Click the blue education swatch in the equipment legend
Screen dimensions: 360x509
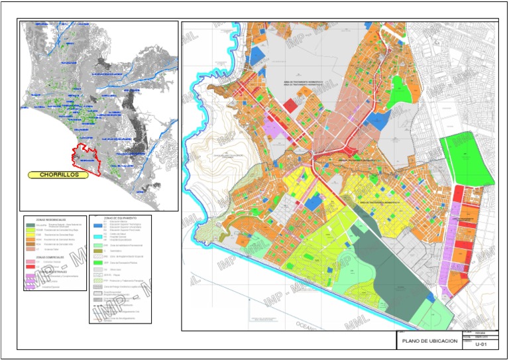pyautogui.click(x=97, y=227)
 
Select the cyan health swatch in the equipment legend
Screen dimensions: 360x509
pyautogui.click(x=97, y=237)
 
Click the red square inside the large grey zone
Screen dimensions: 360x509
pyautogui.click(x=290, y=105)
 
